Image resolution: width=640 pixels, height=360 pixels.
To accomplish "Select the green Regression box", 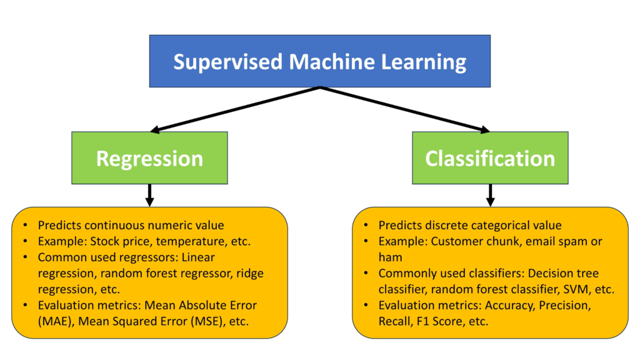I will [x=149, y=157].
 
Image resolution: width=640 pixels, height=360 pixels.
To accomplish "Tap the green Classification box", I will [x=490, y=157].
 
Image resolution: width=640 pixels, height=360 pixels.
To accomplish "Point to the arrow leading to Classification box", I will [x=406, y=109].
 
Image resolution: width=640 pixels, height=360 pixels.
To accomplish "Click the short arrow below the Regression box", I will [x=149, y=194].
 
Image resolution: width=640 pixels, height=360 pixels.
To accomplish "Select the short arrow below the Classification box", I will [x=491, y=194].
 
